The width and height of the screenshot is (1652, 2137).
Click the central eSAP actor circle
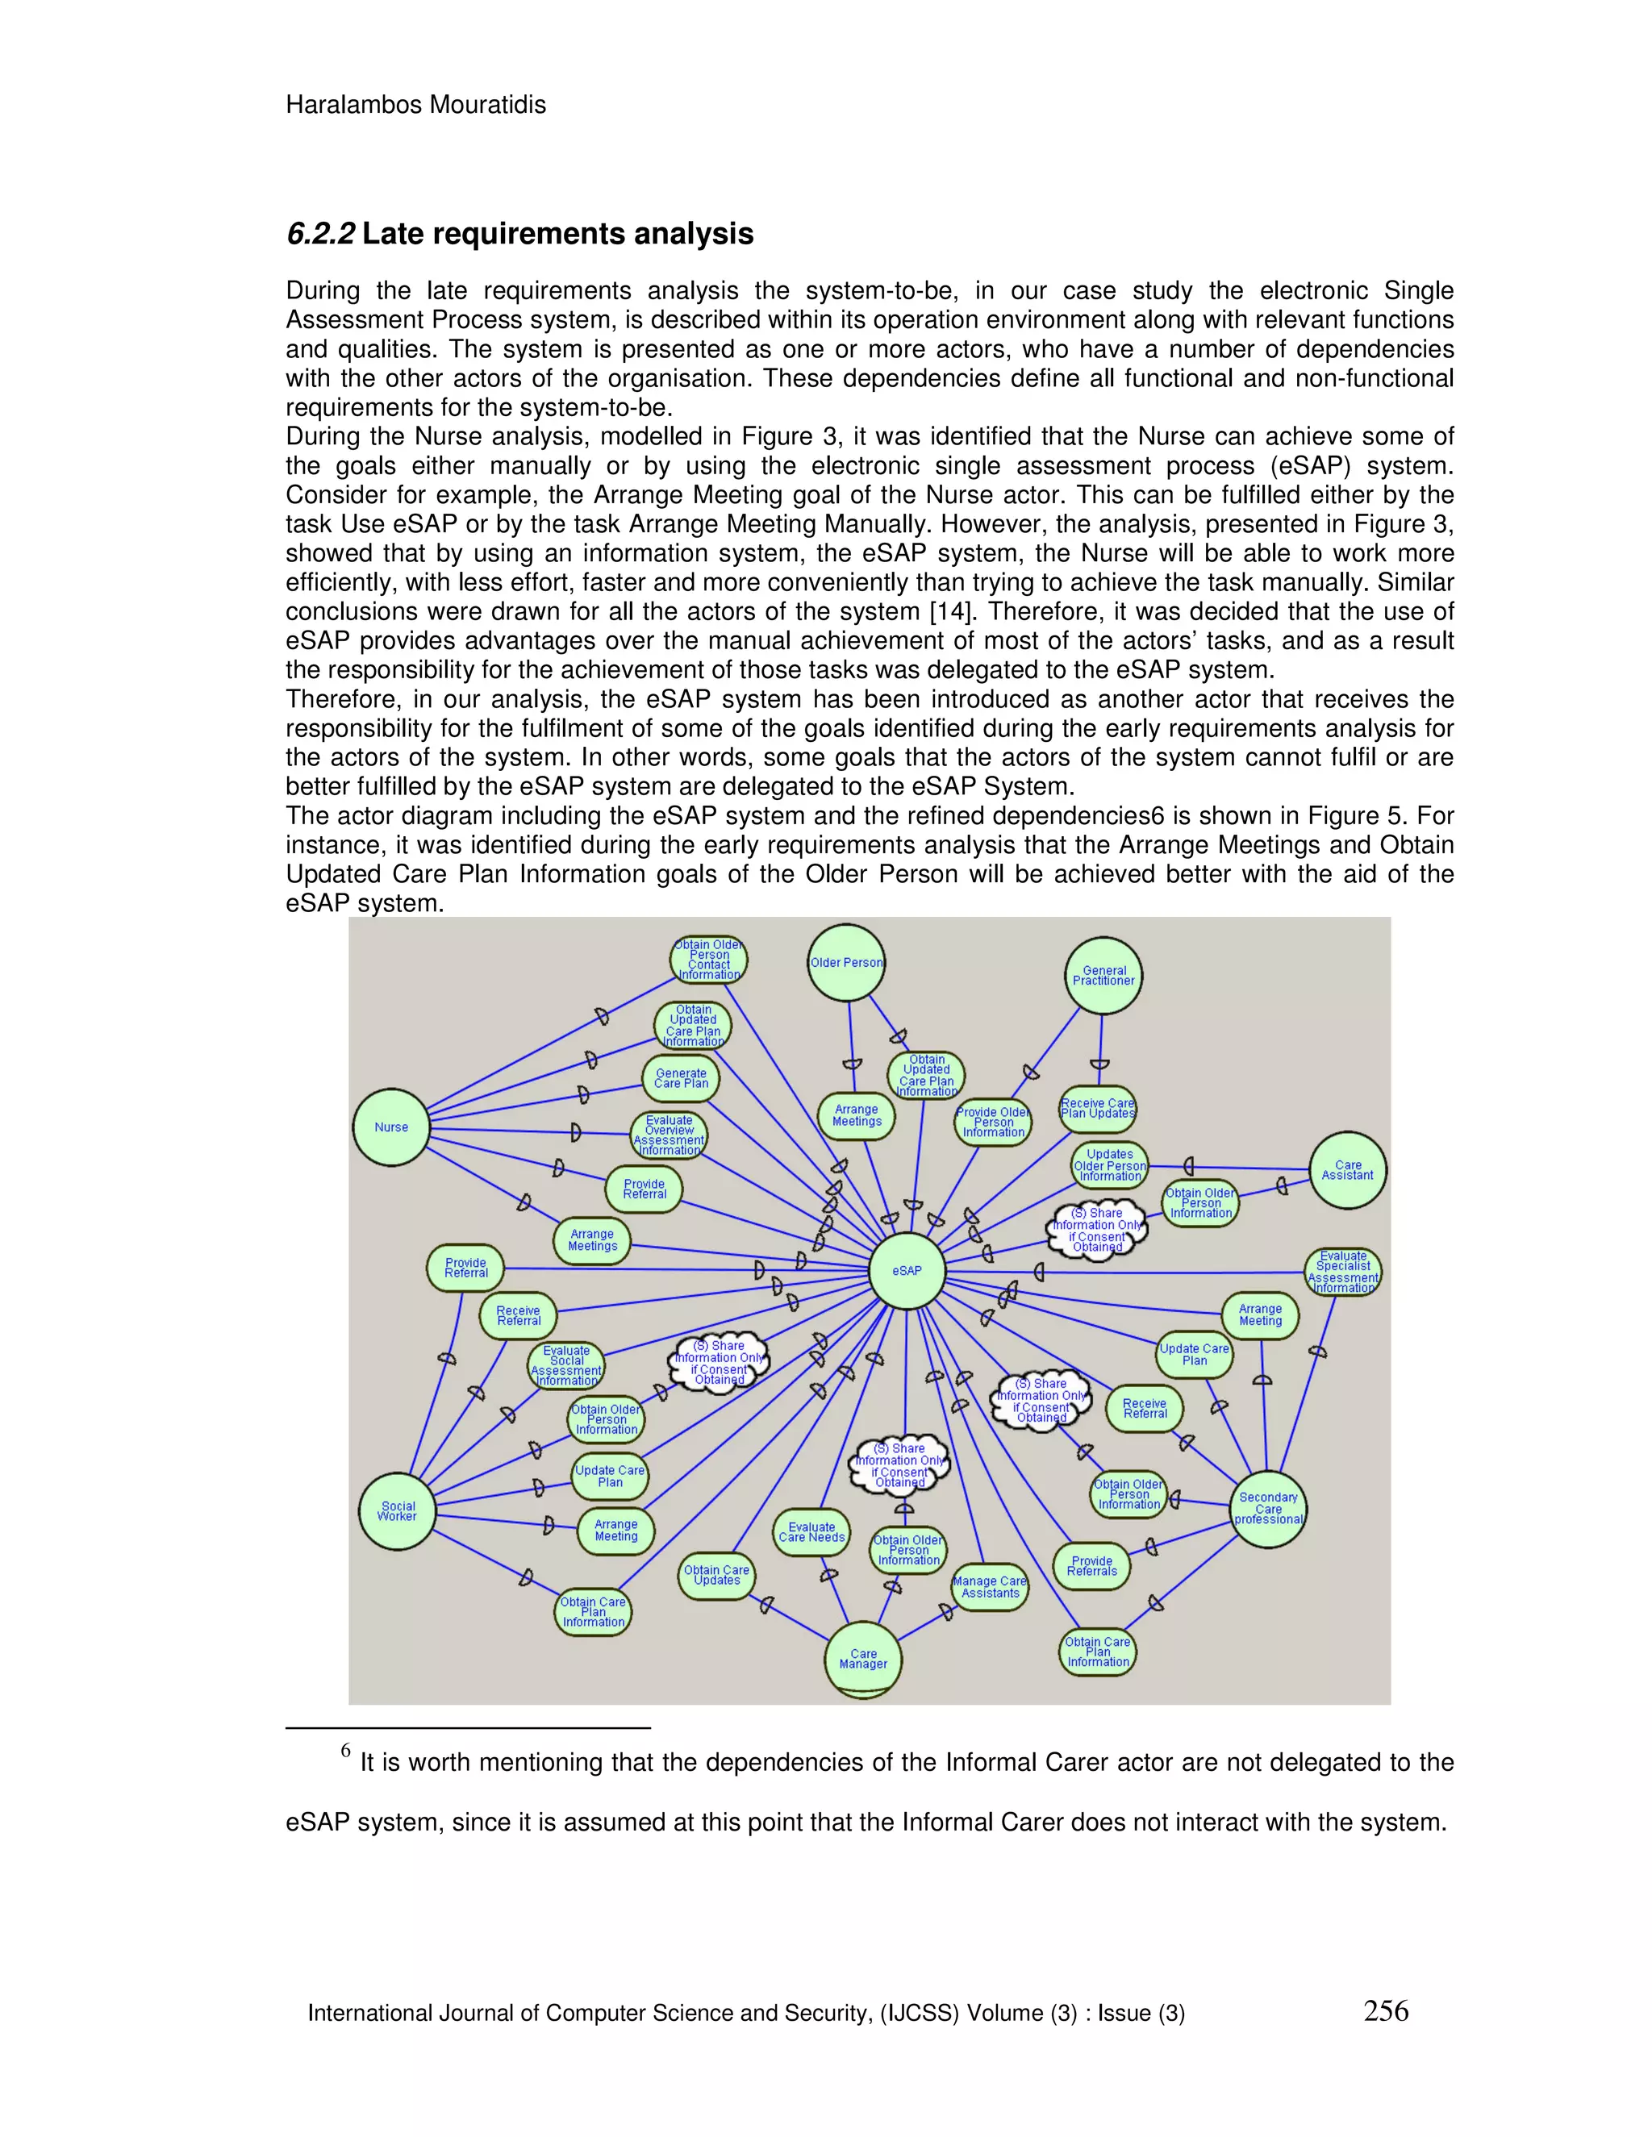pos(906,1270)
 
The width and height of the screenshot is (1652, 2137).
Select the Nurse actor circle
pos(391,1127)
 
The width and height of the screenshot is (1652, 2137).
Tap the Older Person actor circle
pos(846,963)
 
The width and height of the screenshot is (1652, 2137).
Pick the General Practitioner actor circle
pos(1104,976)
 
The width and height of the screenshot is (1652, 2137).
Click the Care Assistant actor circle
pos(1348,1170)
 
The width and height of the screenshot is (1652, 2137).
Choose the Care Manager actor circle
pos(863,1659)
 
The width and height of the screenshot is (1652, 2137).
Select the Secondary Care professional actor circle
pos(1268,1509)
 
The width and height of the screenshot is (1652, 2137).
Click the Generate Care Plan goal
pos(681,1078)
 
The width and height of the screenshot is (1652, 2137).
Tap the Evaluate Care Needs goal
pos(811,1532)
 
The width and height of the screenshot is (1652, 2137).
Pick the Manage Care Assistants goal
pos(991,1586)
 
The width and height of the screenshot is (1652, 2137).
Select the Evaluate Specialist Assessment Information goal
pos(1344,1272)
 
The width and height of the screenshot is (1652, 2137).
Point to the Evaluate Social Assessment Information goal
pos(566,1366)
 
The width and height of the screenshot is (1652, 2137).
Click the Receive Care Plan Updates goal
pos(1098,1109)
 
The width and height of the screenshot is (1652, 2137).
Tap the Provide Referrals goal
pos(1092,1565)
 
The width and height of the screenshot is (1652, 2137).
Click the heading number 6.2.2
pos(320,234)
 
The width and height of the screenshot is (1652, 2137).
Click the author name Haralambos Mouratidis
pos(416,105)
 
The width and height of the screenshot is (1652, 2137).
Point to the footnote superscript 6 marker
pos(345,1751)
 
